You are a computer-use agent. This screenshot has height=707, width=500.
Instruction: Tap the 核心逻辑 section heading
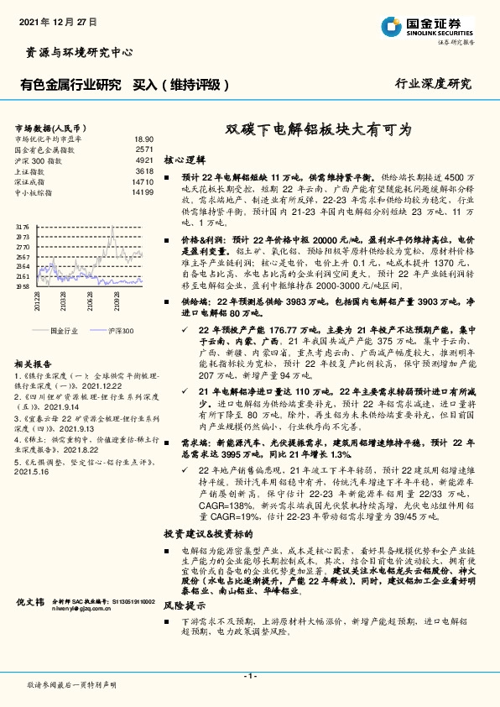[x=185, y=159]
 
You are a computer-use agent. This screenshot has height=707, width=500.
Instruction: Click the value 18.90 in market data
[x=143, y=139]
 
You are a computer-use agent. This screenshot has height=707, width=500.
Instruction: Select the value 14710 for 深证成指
[x=142, y=181]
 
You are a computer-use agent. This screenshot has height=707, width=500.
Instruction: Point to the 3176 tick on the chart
[x=22, y=227]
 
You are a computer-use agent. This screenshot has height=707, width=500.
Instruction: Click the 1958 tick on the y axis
[x=22, y=286]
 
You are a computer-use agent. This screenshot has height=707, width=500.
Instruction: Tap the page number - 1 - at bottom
[x=249, y=676]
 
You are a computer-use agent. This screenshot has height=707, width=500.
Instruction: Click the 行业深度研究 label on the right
[x=433, y=84]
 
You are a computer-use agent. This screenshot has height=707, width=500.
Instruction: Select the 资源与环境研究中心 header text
[x=75, y=52]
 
